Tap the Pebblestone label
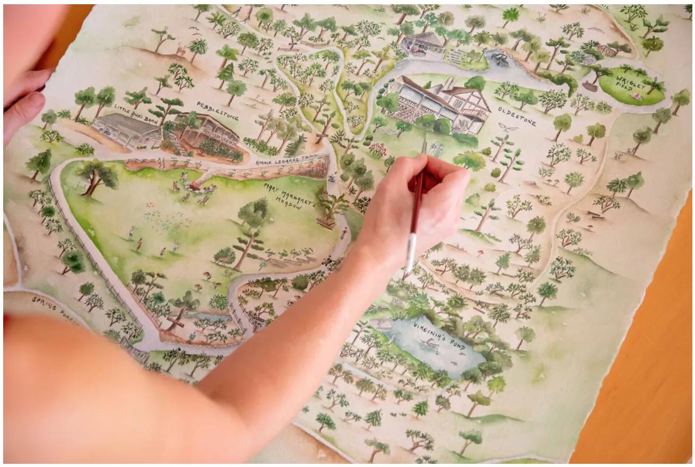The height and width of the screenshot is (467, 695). pyautogui.click(x=218, y=110)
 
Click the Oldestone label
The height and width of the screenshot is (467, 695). pyautogui.click(x=517, y=116)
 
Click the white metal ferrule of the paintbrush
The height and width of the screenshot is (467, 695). pyautogui.click(x=411, y=252)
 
